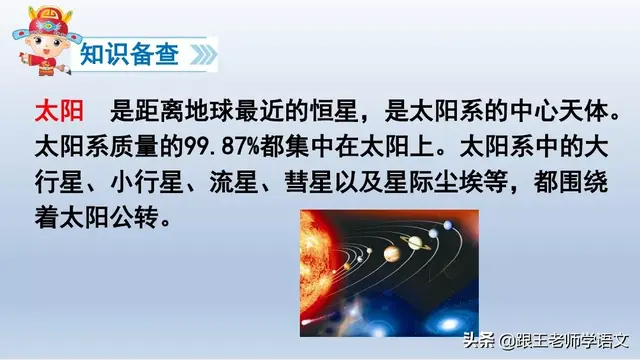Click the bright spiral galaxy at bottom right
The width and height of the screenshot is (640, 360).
tap(450, 318)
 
